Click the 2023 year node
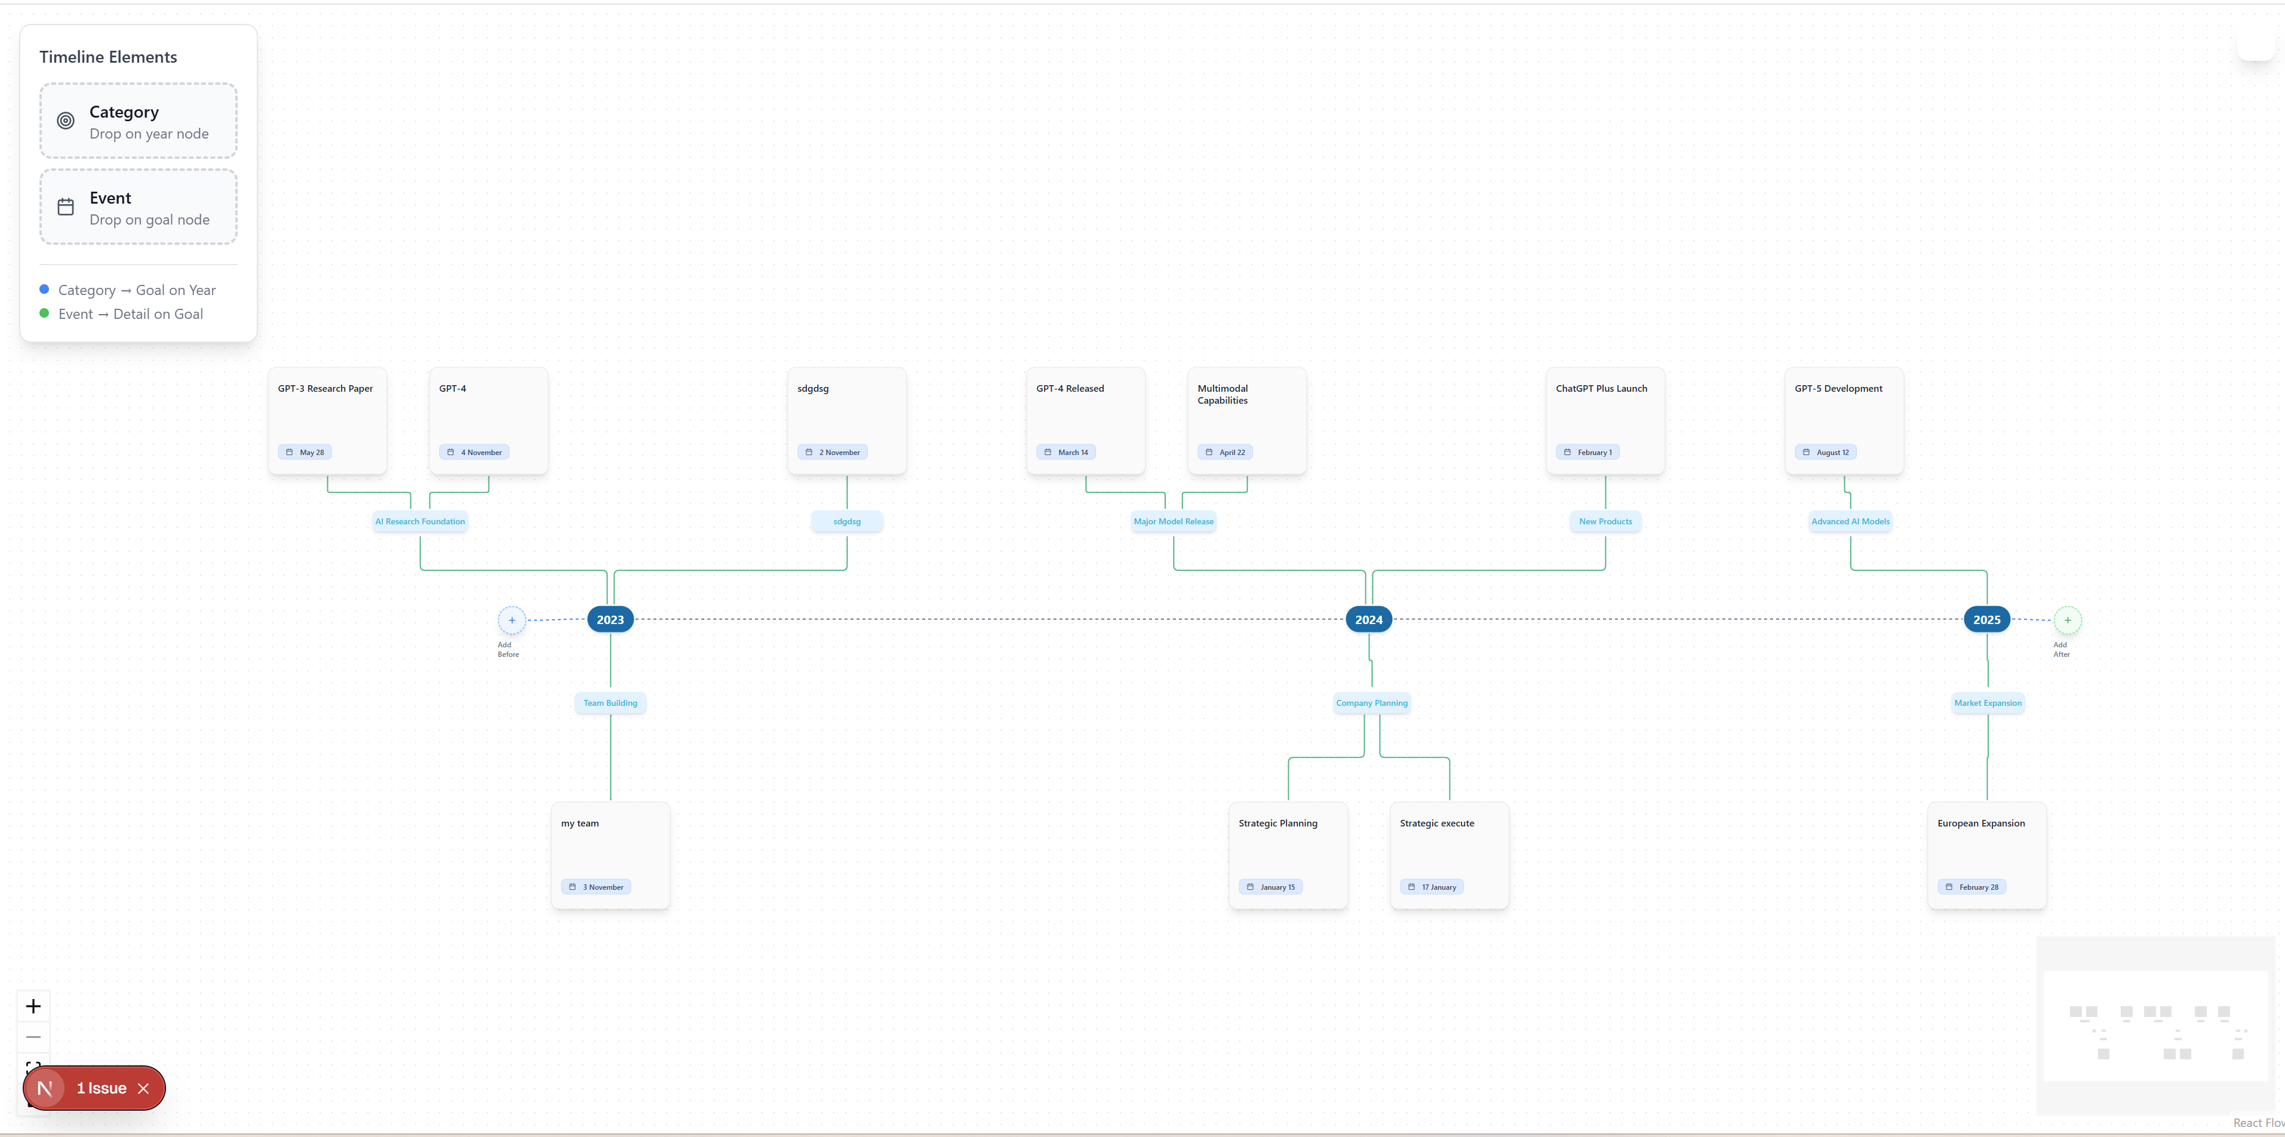click(x=610, y=620)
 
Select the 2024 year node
click(x=1369, y=620)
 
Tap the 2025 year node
click(x=1987, y=620)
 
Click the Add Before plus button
click(x=512, y=620)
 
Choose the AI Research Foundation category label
click(x=420, y=521)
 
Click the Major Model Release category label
click(x=1174, y=521)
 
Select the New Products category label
click(x=1605, y=521)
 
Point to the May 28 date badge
click(x=305, y=452)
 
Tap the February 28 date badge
click(x=1972, y=887)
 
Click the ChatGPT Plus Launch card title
click(x=1601, y=389)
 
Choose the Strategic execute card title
click(x=1437, y=823)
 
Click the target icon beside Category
click(x=66, y=121)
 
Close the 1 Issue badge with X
click(x=144, y=1088)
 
